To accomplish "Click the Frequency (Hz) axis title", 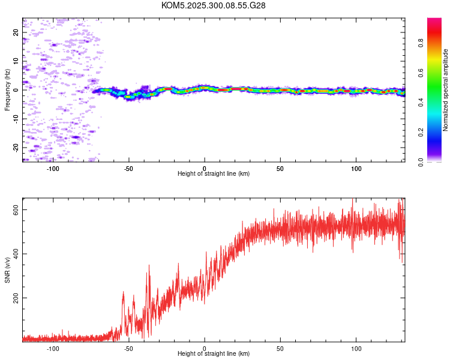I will (7, 90).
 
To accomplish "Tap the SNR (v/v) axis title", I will (7, 270).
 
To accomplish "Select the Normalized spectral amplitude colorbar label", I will (446, 90).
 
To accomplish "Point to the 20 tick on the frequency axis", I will (16, 32).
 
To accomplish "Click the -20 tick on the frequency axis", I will (16, 147).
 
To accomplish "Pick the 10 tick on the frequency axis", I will (16, 61).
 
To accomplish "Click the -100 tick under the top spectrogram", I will (53, 168).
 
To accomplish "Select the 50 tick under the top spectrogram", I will (280, 168).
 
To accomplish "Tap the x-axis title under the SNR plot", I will (214, 354).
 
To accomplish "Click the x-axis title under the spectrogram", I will (214, 174).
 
